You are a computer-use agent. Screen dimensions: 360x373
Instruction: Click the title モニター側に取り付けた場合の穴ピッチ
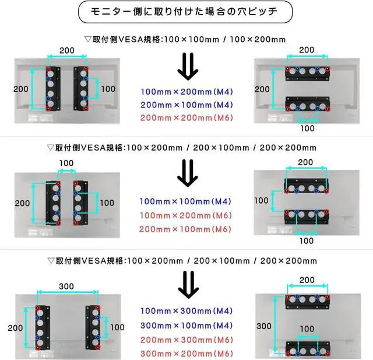186,12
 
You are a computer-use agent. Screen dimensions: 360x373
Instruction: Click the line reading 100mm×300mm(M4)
186,311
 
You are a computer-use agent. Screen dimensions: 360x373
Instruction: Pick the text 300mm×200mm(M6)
186,353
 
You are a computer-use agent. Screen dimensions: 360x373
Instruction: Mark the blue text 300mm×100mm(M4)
186,325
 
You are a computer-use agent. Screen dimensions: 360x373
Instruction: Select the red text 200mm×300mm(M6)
186,339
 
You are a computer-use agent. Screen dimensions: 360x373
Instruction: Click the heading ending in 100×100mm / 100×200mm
185,40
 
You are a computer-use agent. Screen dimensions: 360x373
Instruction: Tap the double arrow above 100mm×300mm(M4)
187,286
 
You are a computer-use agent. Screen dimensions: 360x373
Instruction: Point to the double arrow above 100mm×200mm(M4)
187,67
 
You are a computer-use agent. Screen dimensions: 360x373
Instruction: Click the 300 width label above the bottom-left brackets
66,286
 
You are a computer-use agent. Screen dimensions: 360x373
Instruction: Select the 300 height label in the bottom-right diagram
263,325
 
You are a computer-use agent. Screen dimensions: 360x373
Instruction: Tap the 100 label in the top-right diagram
307,128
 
